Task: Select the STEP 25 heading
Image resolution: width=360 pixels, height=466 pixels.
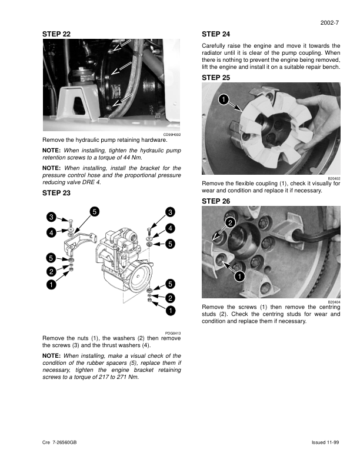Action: [x=215, y=77]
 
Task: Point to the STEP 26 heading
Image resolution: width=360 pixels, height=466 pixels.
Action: [x=215, y=201]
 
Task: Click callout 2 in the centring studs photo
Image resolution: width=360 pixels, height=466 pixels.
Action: [x=230, y=222]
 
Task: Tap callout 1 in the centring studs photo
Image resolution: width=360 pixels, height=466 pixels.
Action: [x=239, y=276]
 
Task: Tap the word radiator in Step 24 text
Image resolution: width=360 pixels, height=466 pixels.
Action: [x=214, y=53]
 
